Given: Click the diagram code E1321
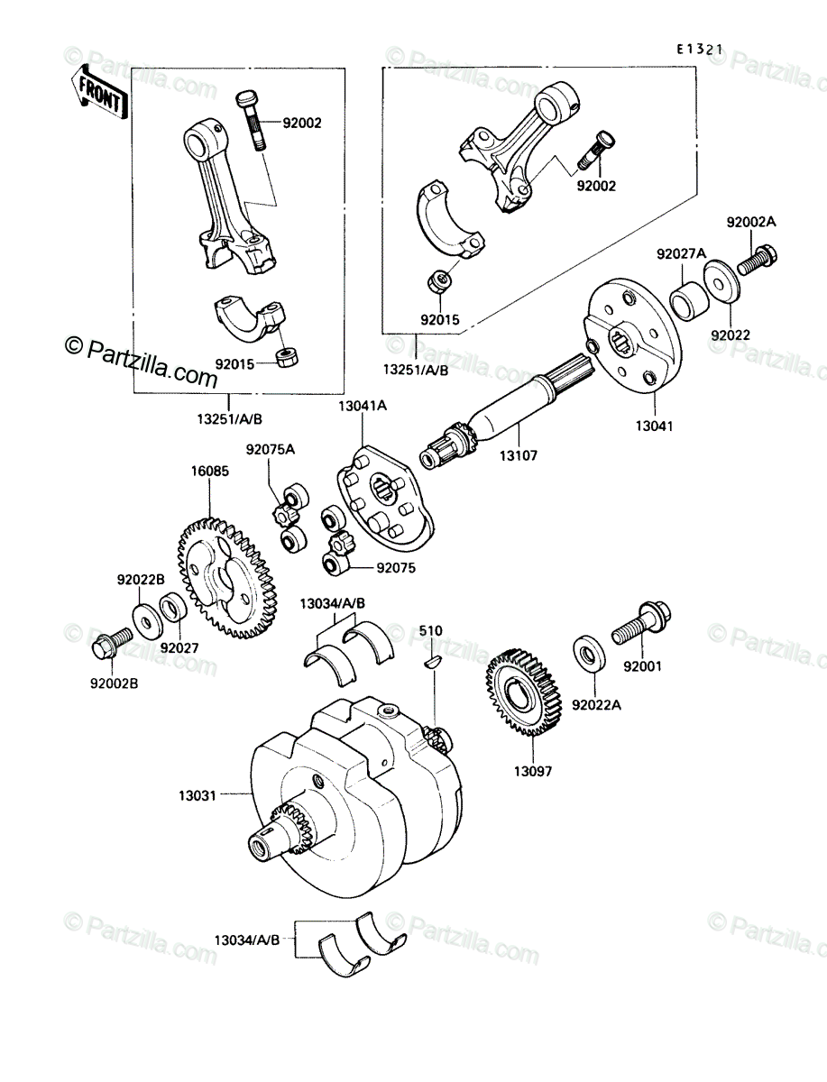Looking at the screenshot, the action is click(x=699, y=50).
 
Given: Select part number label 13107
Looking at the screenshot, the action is click(x=519, y=455).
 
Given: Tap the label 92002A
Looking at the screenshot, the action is click(x=750, y=223).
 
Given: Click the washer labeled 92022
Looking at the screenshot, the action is click(x=721, y=282).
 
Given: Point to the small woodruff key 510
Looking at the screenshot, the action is click(x=433, y=662).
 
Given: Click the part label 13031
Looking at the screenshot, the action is click(x=198, y=795).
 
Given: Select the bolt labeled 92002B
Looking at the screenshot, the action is click(x=112, y=645).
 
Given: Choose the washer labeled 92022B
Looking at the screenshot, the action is click(x=146, y=621).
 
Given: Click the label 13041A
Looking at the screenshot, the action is click(x=363, y=406).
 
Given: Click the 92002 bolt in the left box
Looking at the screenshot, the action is click(x=251, y=119).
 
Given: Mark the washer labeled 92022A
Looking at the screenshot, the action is click(x=588, y=656).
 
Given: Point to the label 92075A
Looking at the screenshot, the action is click(x=270, y=449).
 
